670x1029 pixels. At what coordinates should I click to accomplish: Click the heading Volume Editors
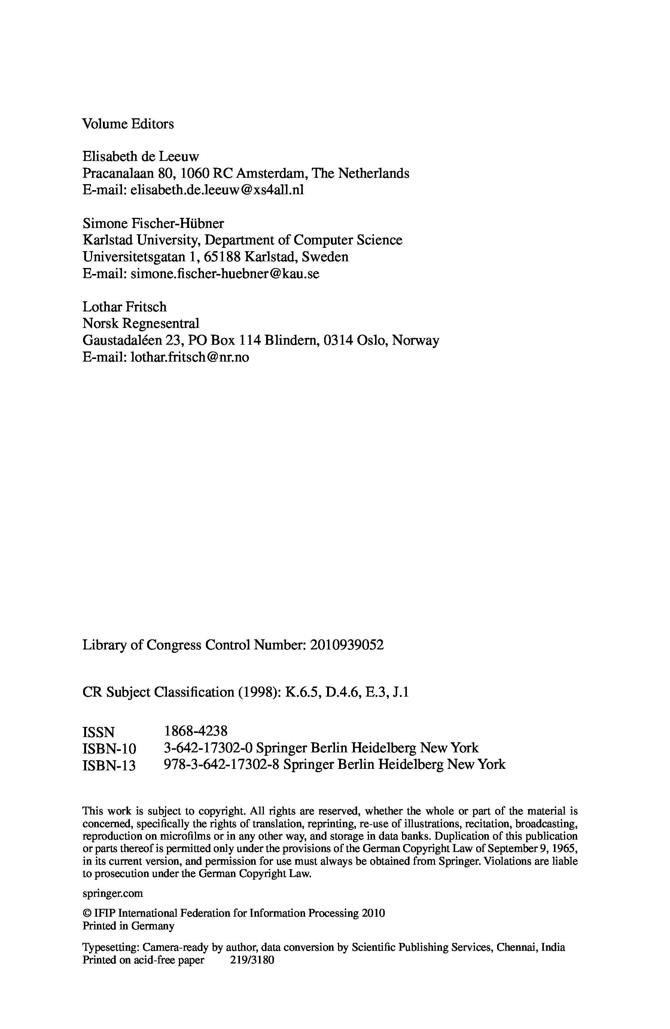coord(128,124)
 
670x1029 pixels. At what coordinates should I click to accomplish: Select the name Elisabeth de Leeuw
coord(140,156)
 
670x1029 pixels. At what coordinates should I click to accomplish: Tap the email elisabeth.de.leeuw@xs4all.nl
coord(217,190)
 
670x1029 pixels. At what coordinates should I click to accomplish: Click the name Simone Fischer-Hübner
coord(153,223)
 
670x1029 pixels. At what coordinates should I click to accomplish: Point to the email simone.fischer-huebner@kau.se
coord(225,274)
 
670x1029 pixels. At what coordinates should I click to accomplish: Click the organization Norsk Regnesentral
coord(140,323)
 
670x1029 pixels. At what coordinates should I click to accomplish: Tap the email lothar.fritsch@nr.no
coord(189,357)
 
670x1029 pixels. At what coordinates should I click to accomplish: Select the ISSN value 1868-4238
coord(195,731)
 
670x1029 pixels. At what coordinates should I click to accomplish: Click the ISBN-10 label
coord(109,748)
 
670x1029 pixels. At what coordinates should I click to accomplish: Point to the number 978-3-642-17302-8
coord(223,764)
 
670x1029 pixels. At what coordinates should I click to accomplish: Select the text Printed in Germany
coord(128,926)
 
